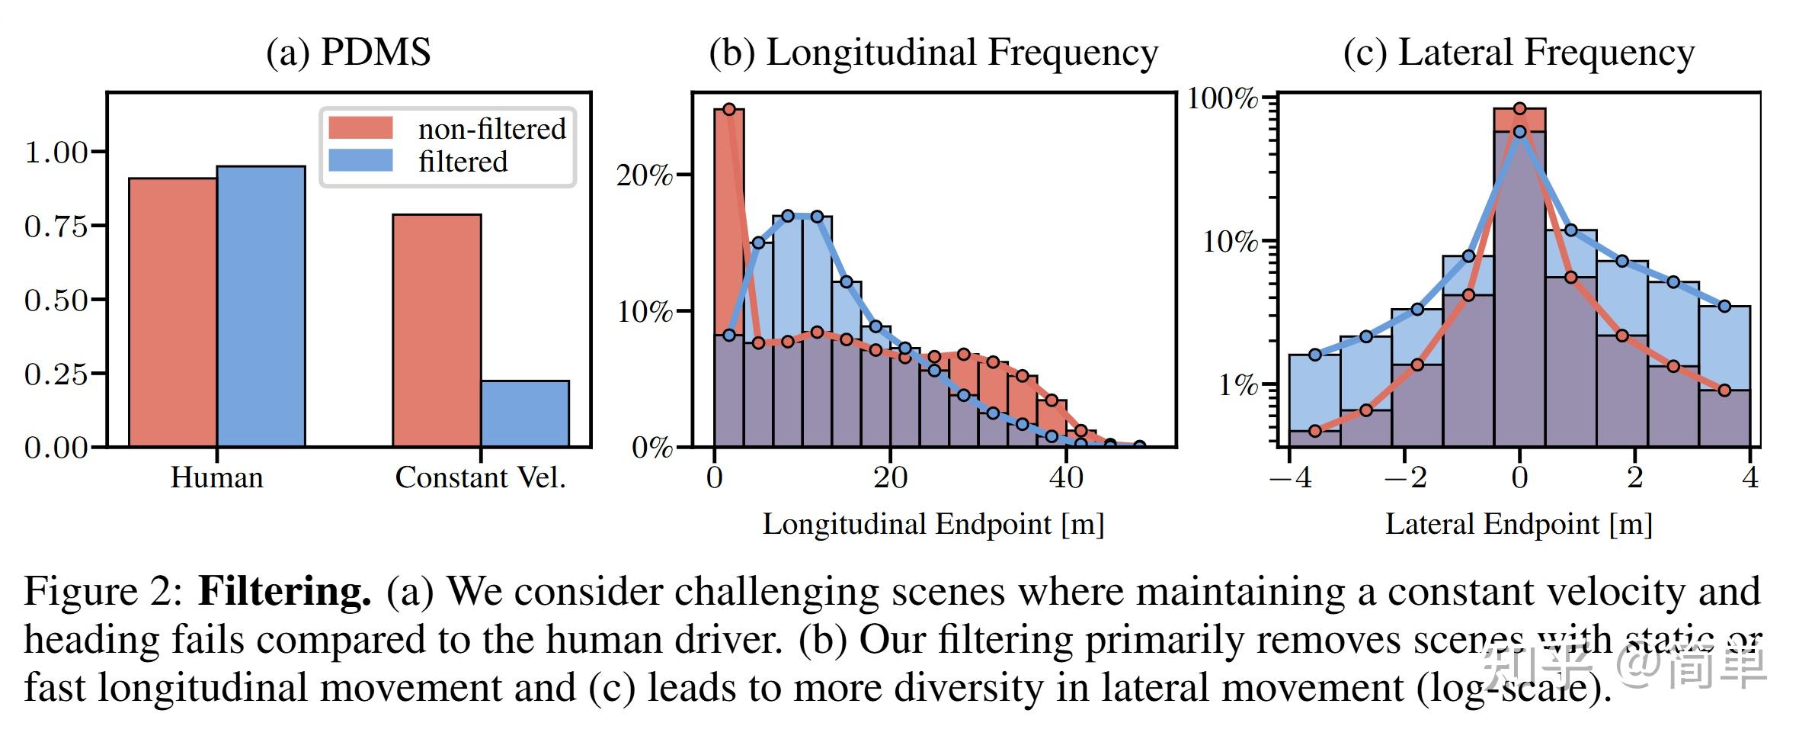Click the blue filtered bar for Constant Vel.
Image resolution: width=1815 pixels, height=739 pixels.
524,413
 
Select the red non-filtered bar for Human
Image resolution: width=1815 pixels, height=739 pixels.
172,313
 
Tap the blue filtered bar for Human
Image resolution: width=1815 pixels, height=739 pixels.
261,307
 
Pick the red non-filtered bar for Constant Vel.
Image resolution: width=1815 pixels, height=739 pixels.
436,330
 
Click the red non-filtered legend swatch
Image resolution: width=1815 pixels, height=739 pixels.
360,128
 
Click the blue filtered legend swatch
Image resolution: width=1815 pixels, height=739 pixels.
360,161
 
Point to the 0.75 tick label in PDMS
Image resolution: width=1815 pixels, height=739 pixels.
56,227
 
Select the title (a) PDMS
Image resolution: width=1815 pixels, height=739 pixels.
348,53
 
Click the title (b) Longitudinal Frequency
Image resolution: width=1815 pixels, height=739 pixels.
933,53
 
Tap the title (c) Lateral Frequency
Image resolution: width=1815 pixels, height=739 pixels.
1518,53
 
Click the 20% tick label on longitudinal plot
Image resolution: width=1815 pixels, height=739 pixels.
644,176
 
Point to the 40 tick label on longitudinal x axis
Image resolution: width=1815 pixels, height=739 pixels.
1065,478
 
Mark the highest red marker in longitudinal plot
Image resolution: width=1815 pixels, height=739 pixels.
728,110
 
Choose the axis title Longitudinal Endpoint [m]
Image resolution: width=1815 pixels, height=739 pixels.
933,525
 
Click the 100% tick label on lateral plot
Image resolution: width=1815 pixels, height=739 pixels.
1222,98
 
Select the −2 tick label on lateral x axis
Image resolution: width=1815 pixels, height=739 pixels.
1404,478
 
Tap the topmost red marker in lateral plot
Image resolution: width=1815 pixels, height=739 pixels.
1519,109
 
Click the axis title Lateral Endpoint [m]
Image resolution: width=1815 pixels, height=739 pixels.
1518,525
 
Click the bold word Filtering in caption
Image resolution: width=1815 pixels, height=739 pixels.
285,592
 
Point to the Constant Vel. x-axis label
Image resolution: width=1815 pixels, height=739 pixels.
480,478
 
